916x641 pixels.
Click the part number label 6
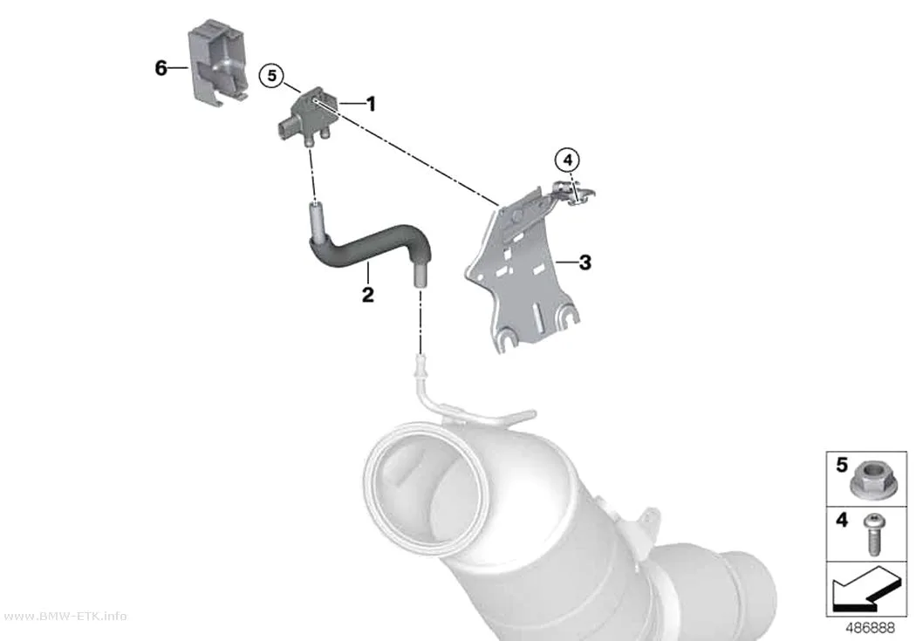pos(161,68)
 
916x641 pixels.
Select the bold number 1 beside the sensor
pos(371,104)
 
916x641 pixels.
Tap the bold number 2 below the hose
pos(367,294)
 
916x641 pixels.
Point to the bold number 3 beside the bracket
pos(584,263)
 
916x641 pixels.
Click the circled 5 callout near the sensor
pos(271,75)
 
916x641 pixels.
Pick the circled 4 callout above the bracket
pos(568,160)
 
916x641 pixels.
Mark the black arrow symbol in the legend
pos(867,590)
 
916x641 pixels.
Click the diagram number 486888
pos(870,628)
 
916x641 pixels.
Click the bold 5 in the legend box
pos(841,465)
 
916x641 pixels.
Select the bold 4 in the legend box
pos(841,519)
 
